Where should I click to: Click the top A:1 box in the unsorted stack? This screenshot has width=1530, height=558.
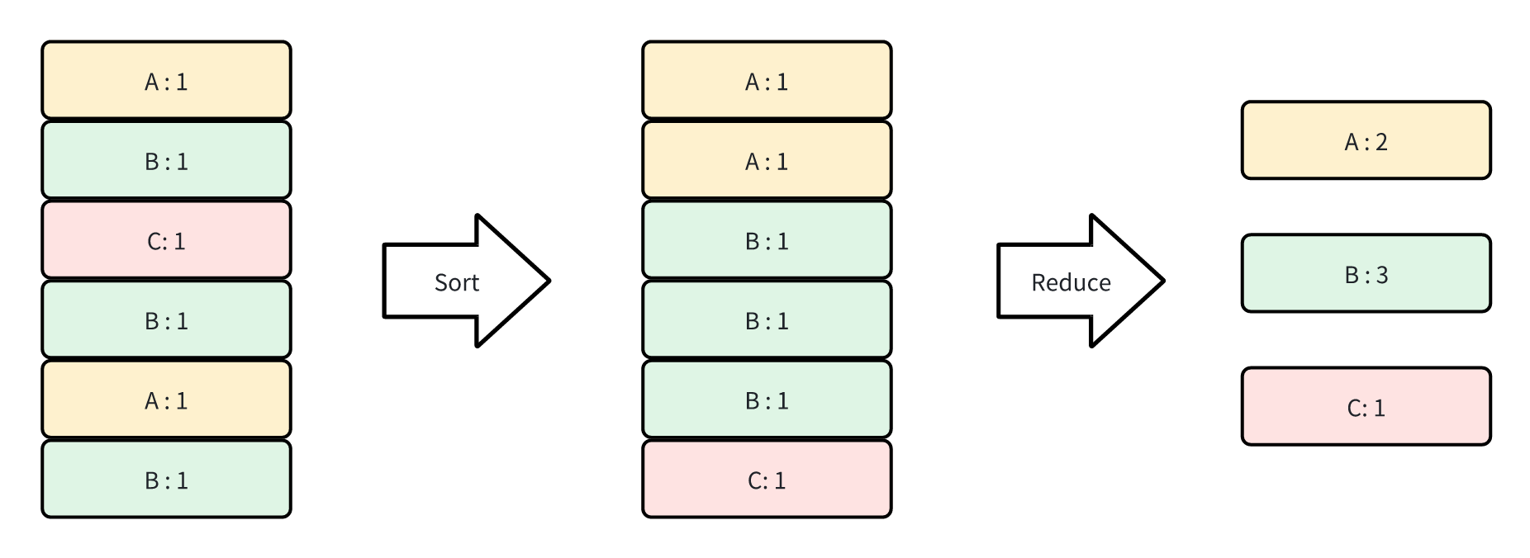(x=166, y=80)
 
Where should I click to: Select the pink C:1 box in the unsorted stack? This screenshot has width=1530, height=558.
(x=166, y=240)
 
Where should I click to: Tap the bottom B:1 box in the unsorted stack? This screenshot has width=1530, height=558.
(x=166, y=480)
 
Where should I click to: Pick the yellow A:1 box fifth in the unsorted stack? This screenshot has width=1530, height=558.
(x=166, y=400)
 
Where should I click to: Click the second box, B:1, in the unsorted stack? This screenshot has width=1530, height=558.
(x=166, y=160)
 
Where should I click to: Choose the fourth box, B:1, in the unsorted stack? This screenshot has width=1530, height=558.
(x=166, y=320)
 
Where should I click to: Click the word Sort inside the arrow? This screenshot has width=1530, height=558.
(x=456, y=282)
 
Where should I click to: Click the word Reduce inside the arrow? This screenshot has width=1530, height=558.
(x=1071, y=282)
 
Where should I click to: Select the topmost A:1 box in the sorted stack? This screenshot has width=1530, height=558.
(x=767, y=80)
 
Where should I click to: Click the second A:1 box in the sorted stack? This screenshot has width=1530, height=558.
(x=767, y=160)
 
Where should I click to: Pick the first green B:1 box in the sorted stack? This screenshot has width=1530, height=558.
(x=767, y=240)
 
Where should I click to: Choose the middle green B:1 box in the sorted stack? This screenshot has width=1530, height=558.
(x=767, y=320)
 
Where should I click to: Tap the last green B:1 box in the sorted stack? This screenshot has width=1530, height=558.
(x=767, y=400)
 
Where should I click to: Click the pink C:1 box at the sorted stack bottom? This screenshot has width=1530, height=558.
(x=767, y=480)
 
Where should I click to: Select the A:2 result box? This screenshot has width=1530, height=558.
(x=1366, y=140)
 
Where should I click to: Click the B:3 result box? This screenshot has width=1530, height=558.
(x=1366, y=273)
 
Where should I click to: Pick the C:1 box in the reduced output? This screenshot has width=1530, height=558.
(x=1366, y=406)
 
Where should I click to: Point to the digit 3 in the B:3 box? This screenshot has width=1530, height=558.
(x=1381, y=275)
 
